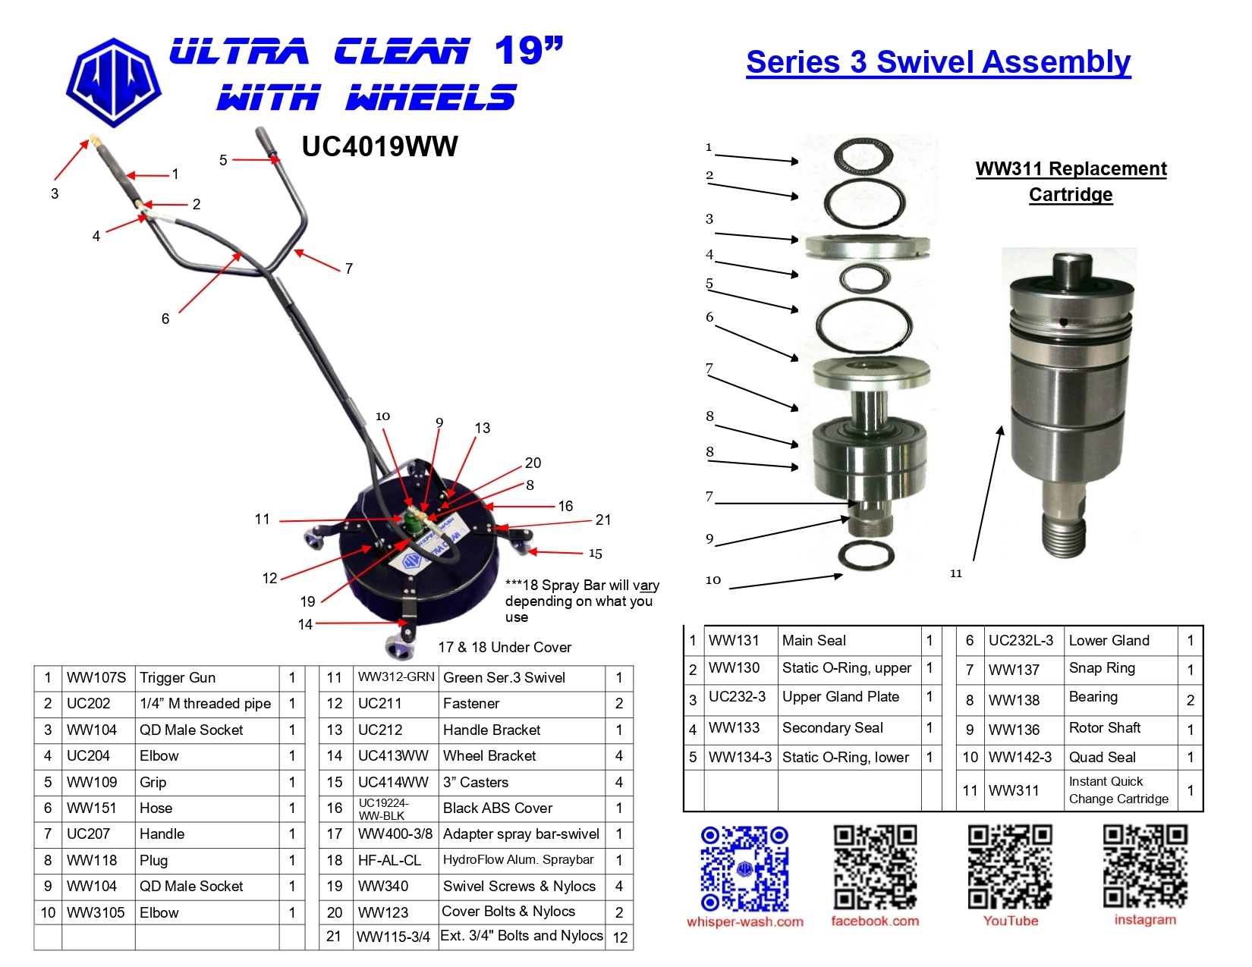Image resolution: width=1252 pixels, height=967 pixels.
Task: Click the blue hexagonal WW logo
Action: click(114, 82)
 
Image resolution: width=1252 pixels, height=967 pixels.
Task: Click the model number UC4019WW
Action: click(379, 146)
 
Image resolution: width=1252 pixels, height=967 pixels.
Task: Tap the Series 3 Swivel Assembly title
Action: click(938, 62)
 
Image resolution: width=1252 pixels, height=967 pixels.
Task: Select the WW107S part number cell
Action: click(96, 678)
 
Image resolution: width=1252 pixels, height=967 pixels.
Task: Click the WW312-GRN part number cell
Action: click(396, 677)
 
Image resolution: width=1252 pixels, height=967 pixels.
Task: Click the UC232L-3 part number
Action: click(1021, 640)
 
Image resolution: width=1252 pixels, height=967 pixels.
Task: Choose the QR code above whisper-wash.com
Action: click(744, 868)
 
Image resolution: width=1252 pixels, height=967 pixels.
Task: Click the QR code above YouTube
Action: click(1010, 867)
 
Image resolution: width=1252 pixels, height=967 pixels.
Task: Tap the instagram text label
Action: click(1145, 920)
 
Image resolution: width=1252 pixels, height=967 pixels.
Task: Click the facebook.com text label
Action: click(875, 921)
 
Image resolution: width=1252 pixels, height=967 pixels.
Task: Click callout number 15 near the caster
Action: click(595, 554)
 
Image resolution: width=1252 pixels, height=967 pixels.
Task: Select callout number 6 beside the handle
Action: click(165, 319)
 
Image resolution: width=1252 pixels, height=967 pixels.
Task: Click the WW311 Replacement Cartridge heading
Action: click(1071, 181)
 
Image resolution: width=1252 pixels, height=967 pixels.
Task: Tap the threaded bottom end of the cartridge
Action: click(1065, 535)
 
